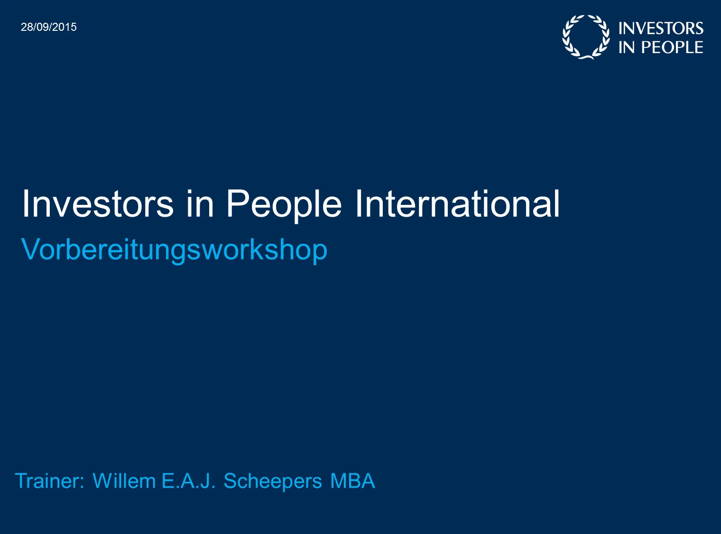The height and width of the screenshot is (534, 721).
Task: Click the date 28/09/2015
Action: [49, 27]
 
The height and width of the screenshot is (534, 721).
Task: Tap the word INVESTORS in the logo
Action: [661, 28]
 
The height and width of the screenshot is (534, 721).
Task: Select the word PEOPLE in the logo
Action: [672, 47]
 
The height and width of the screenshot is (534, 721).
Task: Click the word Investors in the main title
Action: [98, 204]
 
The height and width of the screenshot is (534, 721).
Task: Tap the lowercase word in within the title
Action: [200, 204]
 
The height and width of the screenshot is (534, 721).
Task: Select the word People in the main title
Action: [284, 206]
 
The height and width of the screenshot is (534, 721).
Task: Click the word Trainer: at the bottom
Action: [50, 480]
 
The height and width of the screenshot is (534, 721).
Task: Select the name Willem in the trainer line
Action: [124, 480]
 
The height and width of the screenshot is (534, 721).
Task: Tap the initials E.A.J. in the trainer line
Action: [188, 480]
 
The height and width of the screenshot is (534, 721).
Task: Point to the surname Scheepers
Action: [273, 482]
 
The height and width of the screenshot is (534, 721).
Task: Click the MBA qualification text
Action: [353, 480]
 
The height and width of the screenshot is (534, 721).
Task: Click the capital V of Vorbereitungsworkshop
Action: [31, 249]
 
